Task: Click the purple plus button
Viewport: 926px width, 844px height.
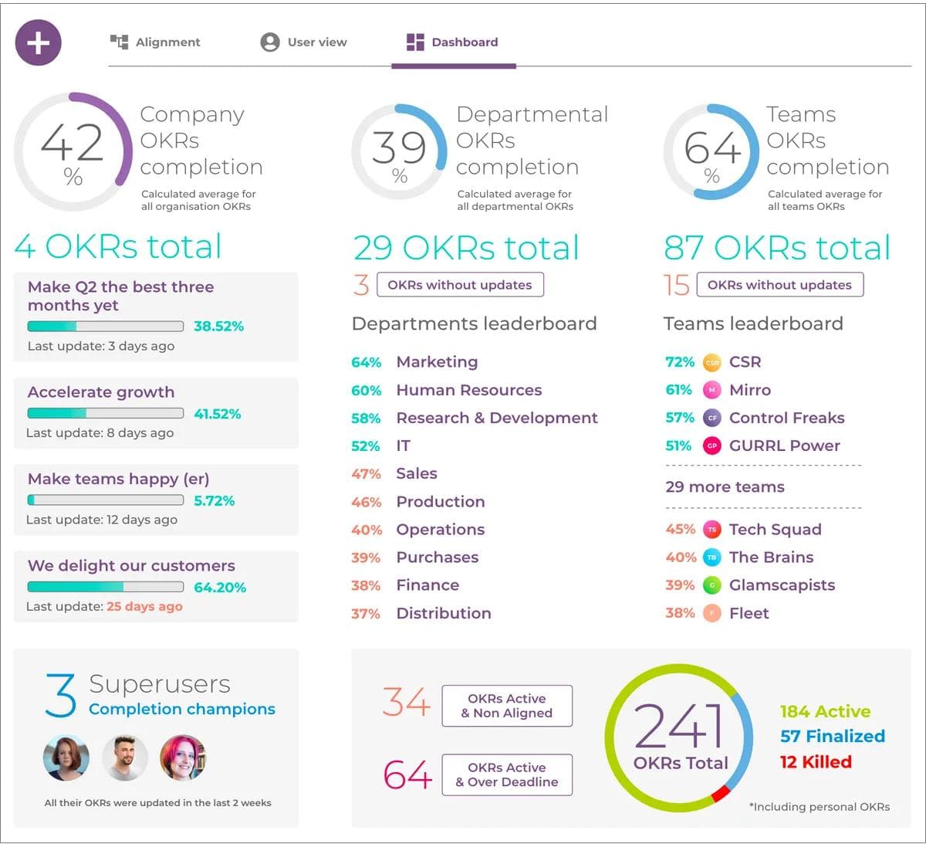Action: tap(38, 42)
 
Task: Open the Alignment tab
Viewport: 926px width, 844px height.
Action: tap(156, 42)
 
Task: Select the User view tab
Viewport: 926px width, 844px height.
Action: tap(304, 42)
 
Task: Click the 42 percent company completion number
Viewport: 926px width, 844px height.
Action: tap(72, 144)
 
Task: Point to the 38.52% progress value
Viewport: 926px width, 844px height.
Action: tap(218, 326)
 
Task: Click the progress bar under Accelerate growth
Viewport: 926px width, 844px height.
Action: tap(106, 413)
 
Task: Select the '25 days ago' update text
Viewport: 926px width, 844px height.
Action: tap(144, 606)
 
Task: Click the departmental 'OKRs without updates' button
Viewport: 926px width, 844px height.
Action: tap(460, 285)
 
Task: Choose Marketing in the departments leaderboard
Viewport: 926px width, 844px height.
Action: tap(437, 362)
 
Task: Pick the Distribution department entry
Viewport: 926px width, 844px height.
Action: tap(443, 613)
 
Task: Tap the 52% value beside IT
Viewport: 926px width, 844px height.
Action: tap(365, 446)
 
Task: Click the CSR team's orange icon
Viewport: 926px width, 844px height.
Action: tap(712, 362)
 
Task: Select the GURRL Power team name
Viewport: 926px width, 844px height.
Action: tap(784, 446)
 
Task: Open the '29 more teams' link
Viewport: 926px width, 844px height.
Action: tap(725, 487)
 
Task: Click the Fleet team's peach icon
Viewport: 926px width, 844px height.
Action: tap(712, 613)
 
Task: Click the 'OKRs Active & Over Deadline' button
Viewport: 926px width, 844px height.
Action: tap(507, 775)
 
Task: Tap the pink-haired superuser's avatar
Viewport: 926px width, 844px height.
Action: tap(183, 758)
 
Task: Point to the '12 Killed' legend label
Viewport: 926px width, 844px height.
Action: tap(816, 762)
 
